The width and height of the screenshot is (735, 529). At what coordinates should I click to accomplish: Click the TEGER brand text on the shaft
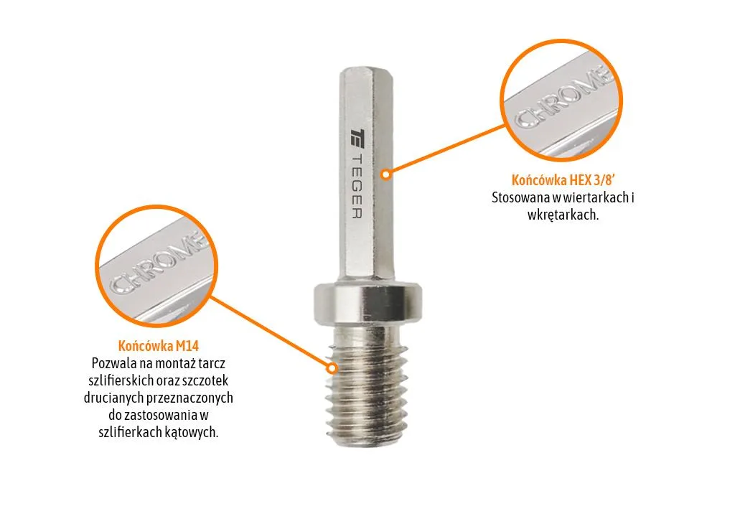[357, 185]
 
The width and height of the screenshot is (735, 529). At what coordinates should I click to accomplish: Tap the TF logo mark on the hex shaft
[357, 138]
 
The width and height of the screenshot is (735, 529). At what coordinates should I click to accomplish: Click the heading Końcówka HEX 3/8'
[563, 180]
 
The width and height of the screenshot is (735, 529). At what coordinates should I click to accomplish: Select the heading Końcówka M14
[159, 346]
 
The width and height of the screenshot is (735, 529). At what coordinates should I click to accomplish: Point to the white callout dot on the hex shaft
[385, 174]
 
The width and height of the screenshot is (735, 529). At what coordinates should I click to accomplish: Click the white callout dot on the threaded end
[332, 368]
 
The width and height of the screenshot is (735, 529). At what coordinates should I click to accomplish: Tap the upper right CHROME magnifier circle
[561, 100]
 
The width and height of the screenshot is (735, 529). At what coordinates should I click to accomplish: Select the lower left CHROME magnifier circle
[156, 266]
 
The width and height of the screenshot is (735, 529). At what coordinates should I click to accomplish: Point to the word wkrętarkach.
[563, 215]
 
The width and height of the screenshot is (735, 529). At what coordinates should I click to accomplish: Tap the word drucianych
[113, 398]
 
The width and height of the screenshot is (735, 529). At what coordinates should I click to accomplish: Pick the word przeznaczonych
[189, 398]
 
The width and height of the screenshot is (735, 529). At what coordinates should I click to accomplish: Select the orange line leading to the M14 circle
[271, 332]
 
